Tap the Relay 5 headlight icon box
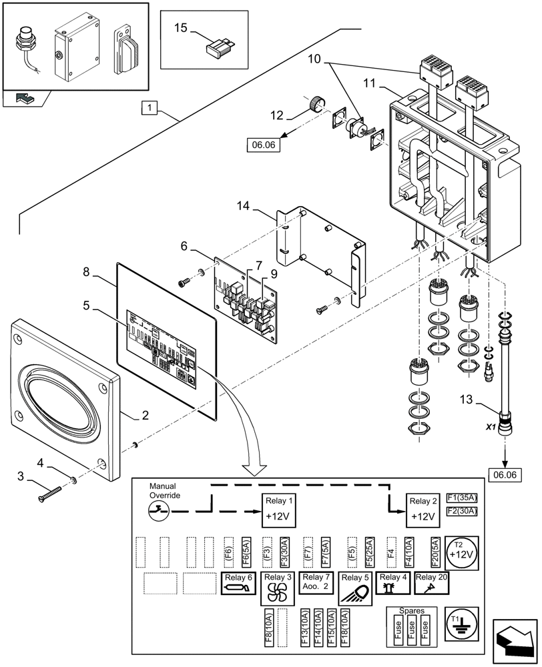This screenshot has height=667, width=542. pos(355,588)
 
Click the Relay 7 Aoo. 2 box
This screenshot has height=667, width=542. pos(316,582)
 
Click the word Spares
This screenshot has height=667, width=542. pos(411,610)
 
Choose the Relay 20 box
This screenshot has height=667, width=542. pos(432,582)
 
